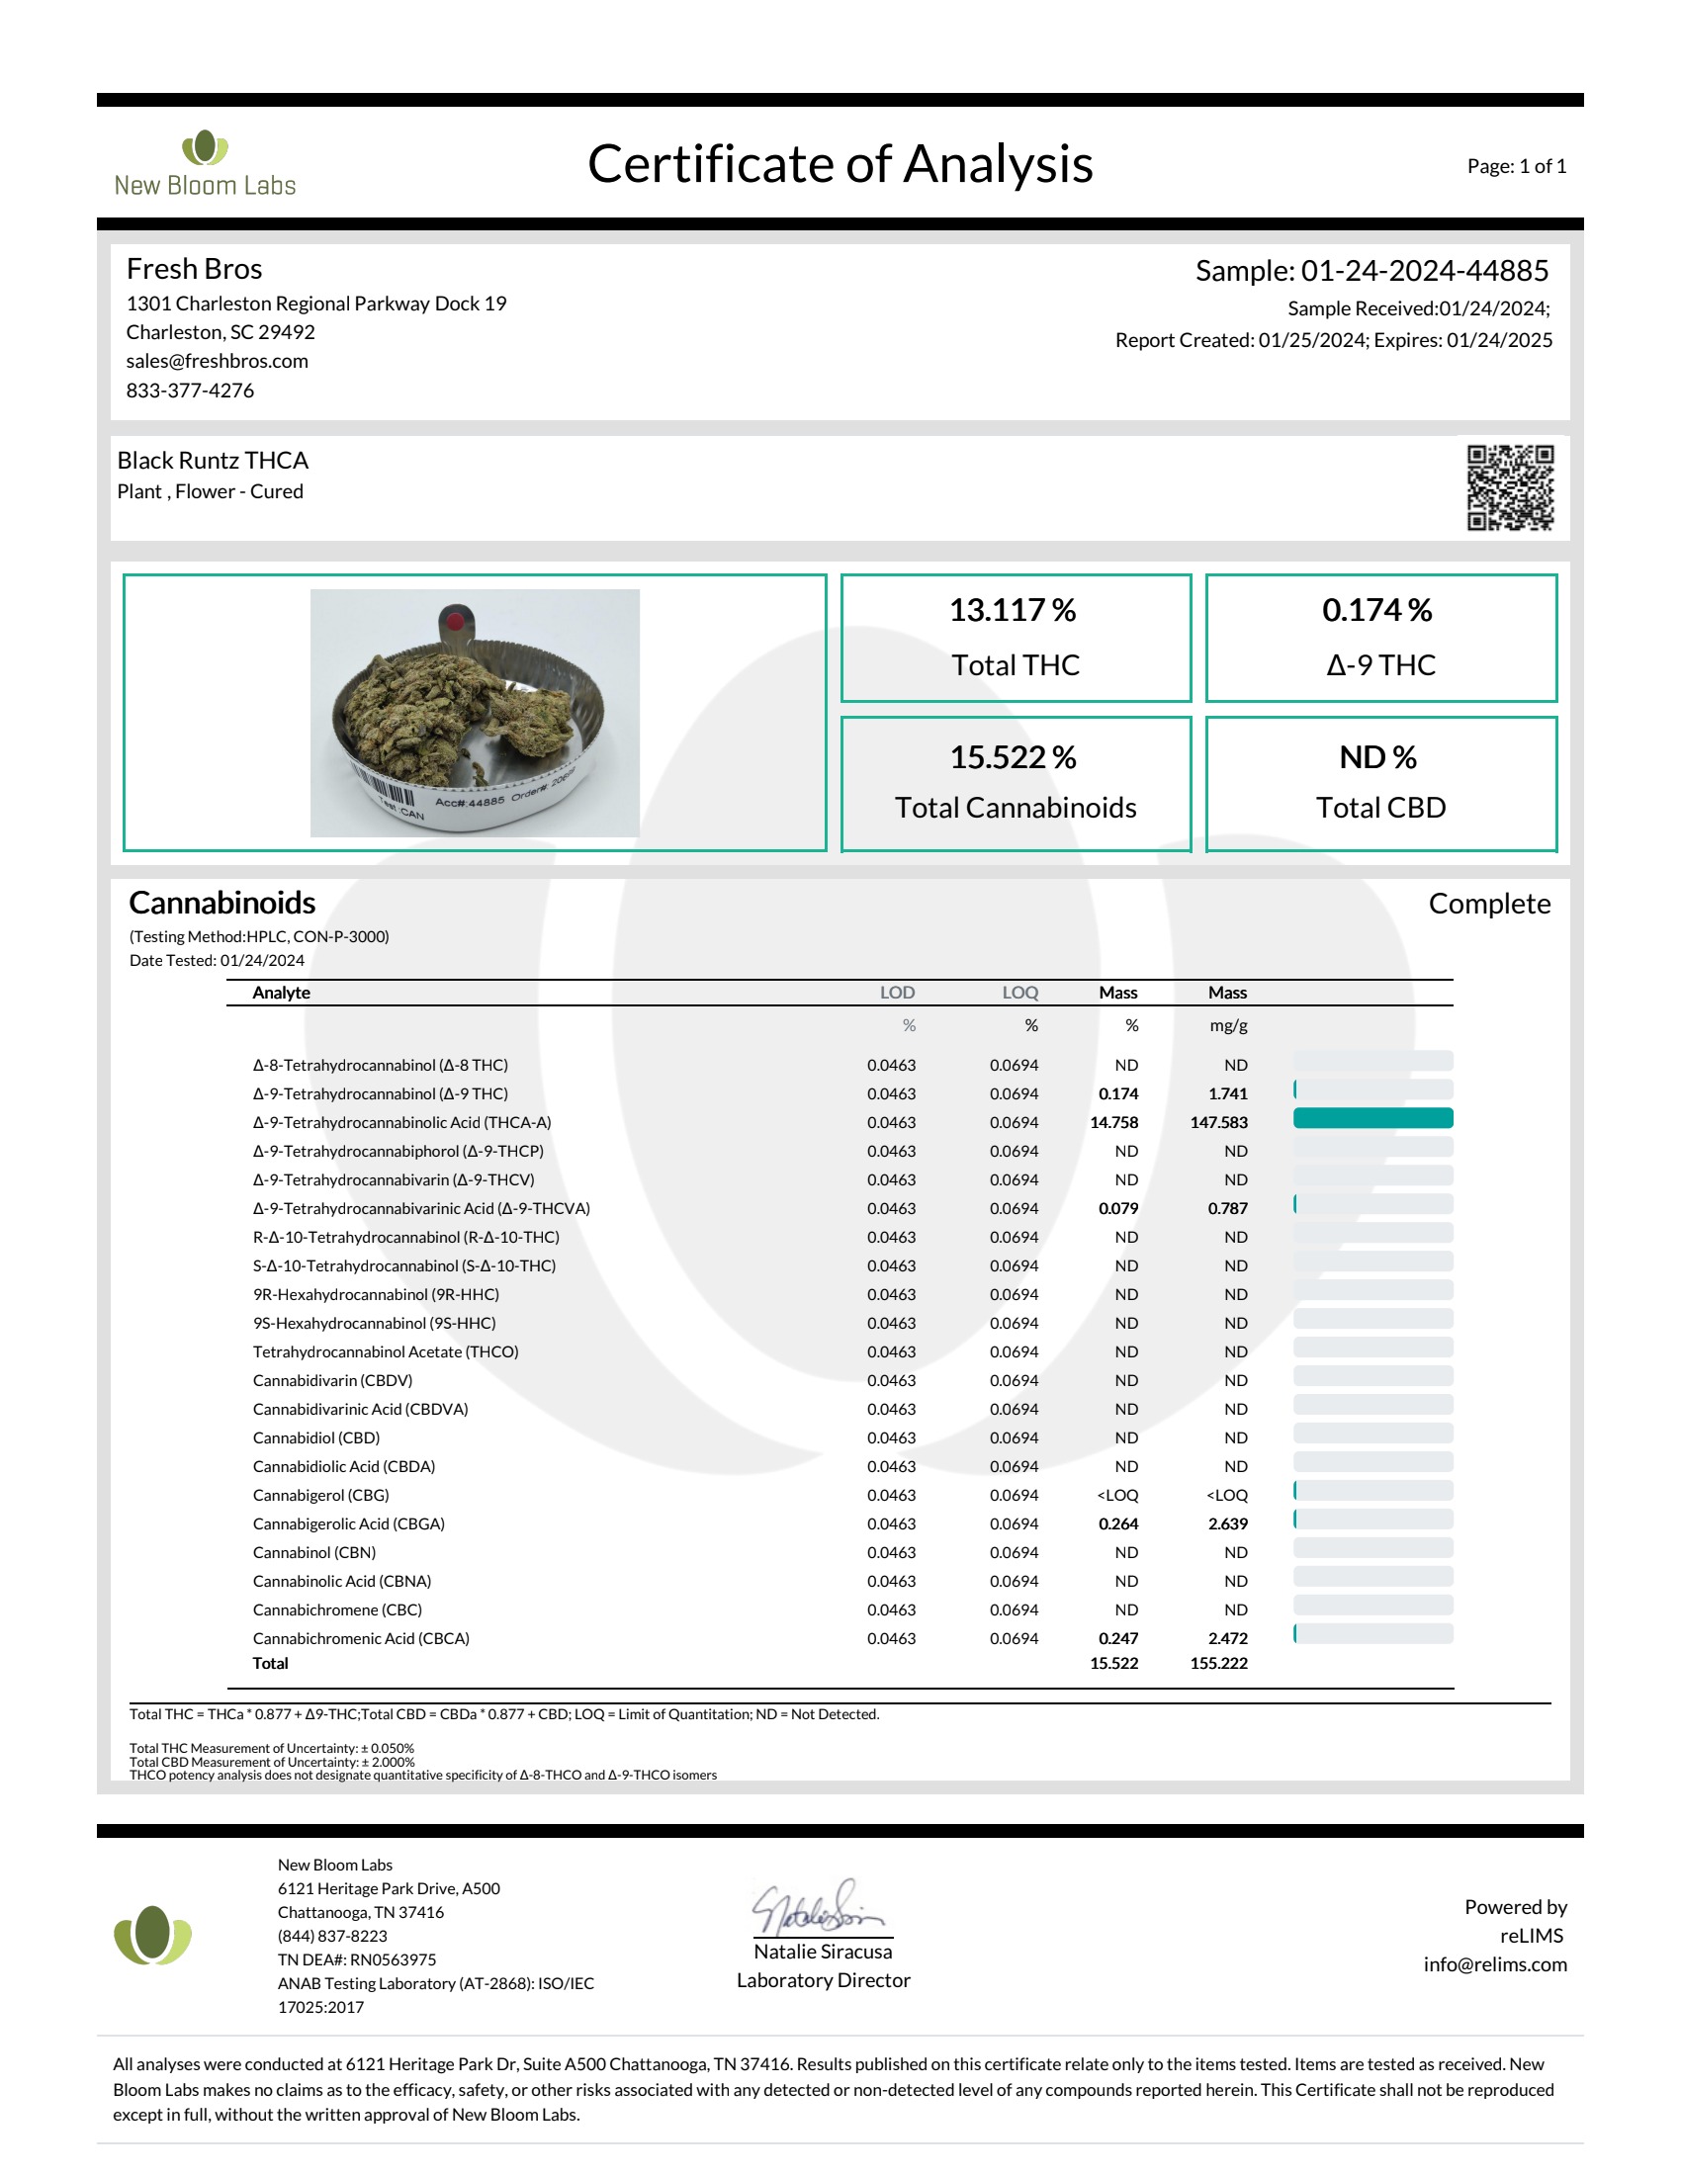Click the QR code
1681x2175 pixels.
tap(1509, 487)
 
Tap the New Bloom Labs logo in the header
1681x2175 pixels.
tap(205, 163)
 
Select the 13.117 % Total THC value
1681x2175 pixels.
tap(1012, 609)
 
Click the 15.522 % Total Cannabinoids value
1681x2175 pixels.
tap(1012, 757)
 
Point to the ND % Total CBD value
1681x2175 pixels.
tap(1377, 757)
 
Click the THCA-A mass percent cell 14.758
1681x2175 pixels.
tap(1113, 1122)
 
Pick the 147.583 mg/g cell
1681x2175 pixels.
tap(1218, 1122)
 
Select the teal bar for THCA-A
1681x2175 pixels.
tap(1372, 1118)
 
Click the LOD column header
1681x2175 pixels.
tap(896, 993)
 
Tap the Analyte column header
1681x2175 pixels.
tap(281, 993)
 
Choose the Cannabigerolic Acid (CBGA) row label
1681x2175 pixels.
tap(348, 1523)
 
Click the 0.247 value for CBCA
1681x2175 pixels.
tap(1117, 1638)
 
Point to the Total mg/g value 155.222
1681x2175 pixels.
tap(1218, 1663)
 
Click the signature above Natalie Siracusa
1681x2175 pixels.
tap(819, 1908)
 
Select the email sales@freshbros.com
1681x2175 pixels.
tap(218, 362)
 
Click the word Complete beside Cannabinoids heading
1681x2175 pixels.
tap(1489, 904)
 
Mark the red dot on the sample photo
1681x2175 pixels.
tap(455, 623)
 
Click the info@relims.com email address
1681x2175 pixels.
tap(1494, 1964)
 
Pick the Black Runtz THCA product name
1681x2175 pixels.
tap(214, 460)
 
